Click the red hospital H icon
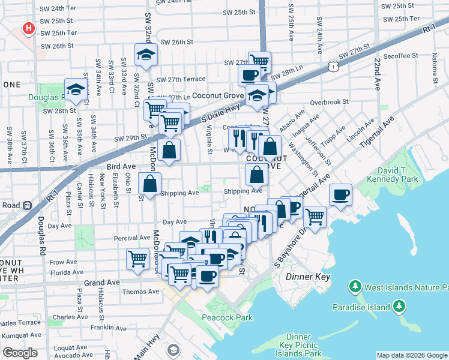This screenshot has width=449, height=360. (27, 28)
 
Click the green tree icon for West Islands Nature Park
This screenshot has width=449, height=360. (355, 287)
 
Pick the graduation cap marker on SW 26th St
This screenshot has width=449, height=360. (146, 55)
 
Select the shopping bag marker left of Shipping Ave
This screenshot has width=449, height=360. (149, 184)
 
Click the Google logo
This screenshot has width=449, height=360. (20, 353)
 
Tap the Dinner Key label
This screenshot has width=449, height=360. (308, 277)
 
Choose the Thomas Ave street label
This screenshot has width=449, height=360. (141, 292)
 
